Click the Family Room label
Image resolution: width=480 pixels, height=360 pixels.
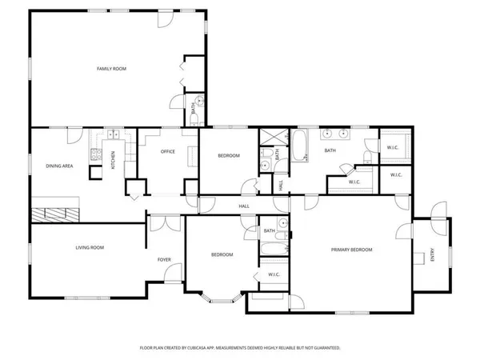(x=112, y=69)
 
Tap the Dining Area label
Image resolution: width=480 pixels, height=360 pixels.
(x=59, y=166)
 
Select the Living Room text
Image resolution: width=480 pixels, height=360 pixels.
(x=90, y=247)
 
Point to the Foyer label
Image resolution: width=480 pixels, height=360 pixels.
(x=164, y=259)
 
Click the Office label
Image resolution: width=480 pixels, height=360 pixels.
(x=168, y=151)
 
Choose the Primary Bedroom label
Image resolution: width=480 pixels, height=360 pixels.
(x=352, y=250)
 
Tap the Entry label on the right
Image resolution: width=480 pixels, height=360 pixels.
(x=433, y=255)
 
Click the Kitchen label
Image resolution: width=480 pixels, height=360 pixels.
(x=113, y=159)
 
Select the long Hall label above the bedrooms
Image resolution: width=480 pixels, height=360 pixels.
(x=245, y=206)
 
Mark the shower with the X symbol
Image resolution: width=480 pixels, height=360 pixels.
(x=267, y=134)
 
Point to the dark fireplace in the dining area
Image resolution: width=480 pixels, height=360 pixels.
(x=56, y=214)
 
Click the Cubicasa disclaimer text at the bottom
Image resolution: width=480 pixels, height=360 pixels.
(x=240, y=348)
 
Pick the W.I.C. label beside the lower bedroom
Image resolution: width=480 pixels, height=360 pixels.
(x=273, y=275)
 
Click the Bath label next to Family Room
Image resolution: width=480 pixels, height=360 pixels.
(x=194, y=111)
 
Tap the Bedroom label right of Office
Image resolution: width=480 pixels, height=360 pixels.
(x=228, y=155)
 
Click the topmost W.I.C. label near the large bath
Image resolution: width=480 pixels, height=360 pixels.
(x=393, y=147)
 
